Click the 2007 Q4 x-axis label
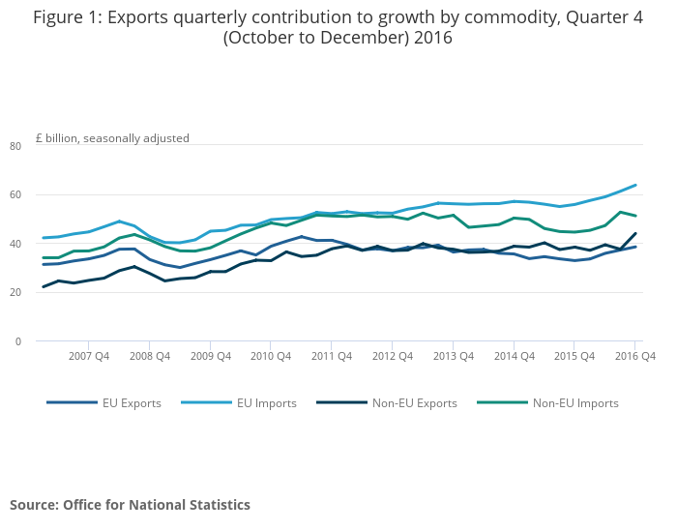click(88, 356)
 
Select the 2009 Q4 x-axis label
click(210, 356)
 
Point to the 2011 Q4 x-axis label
click(331, 356)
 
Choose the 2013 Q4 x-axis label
click(453, 356)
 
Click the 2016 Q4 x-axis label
click(635, 356)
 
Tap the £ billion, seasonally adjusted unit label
click(112, 137)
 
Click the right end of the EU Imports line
click(635, 185)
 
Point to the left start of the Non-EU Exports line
click(43, 287)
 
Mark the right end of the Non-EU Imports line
click(635, 216)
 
